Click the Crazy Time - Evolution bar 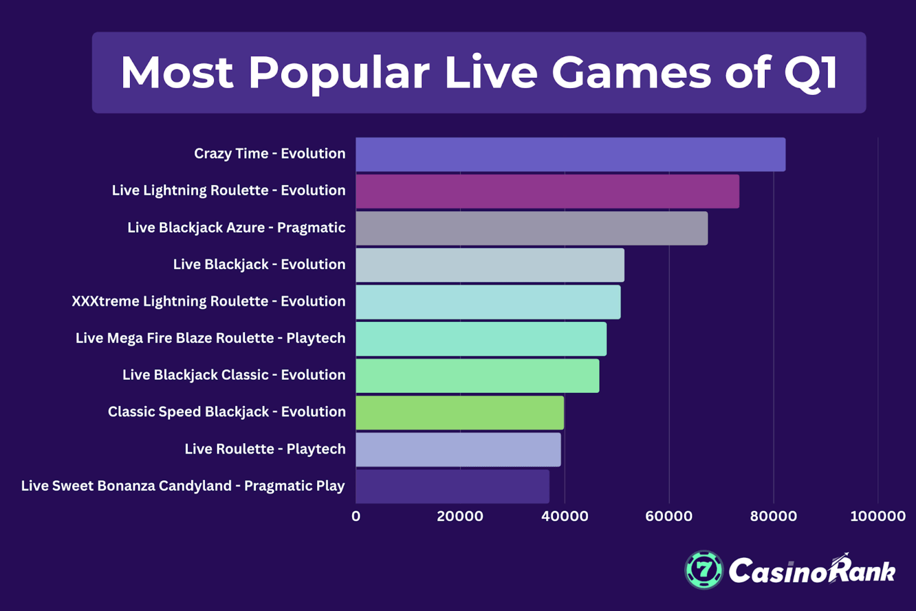(570, 154)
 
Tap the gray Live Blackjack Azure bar (531, 228)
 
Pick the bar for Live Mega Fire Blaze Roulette (481, 339)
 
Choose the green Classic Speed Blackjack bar (459, 413)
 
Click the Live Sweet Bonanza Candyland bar (452, 486)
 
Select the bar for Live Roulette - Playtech (458, 450)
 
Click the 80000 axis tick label (773, 516)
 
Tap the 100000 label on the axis (877, 516)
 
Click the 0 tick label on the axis (356, 516)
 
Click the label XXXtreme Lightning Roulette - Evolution (208, 301)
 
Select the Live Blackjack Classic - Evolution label (234, 375)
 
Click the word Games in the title (631, 73)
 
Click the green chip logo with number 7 (704, 570)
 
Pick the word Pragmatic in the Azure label (311, 228)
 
